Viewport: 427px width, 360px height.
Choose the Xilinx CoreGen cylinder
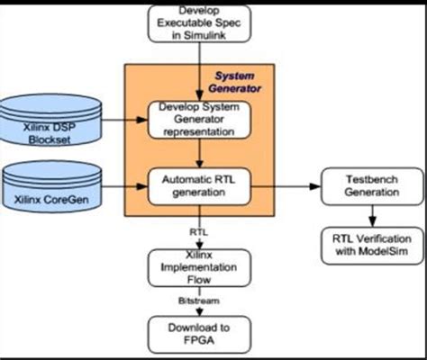(50, 190)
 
